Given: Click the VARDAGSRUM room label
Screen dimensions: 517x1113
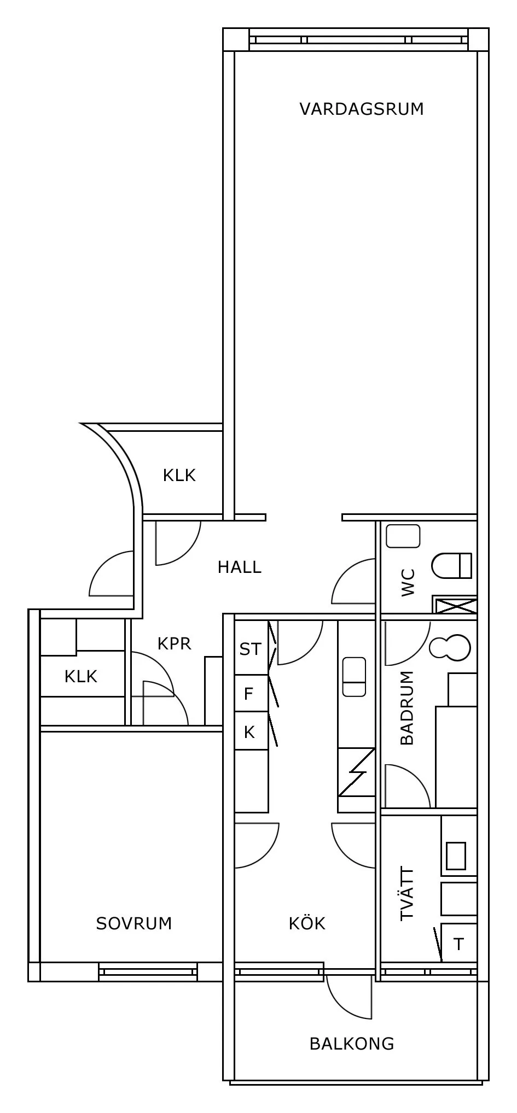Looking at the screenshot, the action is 362,109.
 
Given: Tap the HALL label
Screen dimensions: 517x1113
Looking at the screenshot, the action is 240,567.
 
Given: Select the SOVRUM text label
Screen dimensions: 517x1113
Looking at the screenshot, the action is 134,923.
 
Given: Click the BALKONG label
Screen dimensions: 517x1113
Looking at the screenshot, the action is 352,1044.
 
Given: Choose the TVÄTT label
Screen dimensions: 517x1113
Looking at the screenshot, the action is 407,894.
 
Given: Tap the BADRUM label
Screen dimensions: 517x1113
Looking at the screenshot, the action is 407,708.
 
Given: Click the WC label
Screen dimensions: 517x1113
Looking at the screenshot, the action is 408,583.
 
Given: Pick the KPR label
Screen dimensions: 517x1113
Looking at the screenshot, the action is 175,643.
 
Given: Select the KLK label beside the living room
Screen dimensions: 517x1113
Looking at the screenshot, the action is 179,475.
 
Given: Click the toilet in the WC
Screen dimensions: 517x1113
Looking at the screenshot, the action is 452,565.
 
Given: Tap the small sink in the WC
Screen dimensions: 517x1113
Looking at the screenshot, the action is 403,536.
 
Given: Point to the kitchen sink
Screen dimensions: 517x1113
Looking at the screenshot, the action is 354,677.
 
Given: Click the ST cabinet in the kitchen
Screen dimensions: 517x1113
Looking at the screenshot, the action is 251,648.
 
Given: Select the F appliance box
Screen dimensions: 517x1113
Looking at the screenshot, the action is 251,693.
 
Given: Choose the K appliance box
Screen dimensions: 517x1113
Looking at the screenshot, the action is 251,730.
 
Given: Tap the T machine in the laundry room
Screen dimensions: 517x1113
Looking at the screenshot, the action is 458,943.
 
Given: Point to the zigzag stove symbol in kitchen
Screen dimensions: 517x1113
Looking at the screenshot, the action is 357,772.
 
